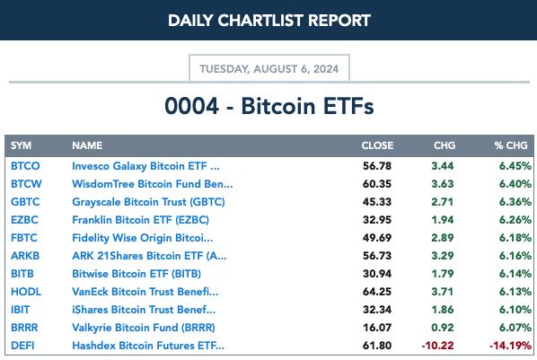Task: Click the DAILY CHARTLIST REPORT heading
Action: (269, 21)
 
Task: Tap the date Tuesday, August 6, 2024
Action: (269, 69)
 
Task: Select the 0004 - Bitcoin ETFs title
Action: (269, 106)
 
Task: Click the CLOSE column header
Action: (377, 145)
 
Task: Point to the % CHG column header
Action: (511, 145)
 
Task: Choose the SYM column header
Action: (21, 145)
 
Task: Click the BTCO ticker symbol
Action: (25, 166)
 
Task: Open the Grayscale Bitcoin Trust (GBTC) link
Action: (148, 202)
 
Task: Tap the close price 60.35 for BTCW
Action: (377, 184)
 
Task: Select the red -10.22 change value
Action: (437, 346)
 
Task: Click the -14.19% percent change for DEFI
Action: (510, 346)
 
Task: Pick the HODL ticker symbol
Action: (26, 292)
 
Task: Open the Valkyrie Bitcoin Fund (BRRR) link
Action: (144, 328)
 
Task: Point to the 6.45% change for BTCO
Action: (515, 166)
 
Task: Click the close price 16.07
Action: (377, 328)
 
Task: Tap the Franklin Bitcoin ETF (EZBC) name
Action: (140, 220)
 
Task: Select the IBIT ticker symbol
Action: (21, 310)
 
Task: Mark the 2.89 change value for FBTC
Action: (443, 238)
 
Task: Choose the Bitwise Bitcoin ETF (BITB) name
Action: (136, 274)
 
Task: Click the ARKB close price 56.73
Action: (377, 256)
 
